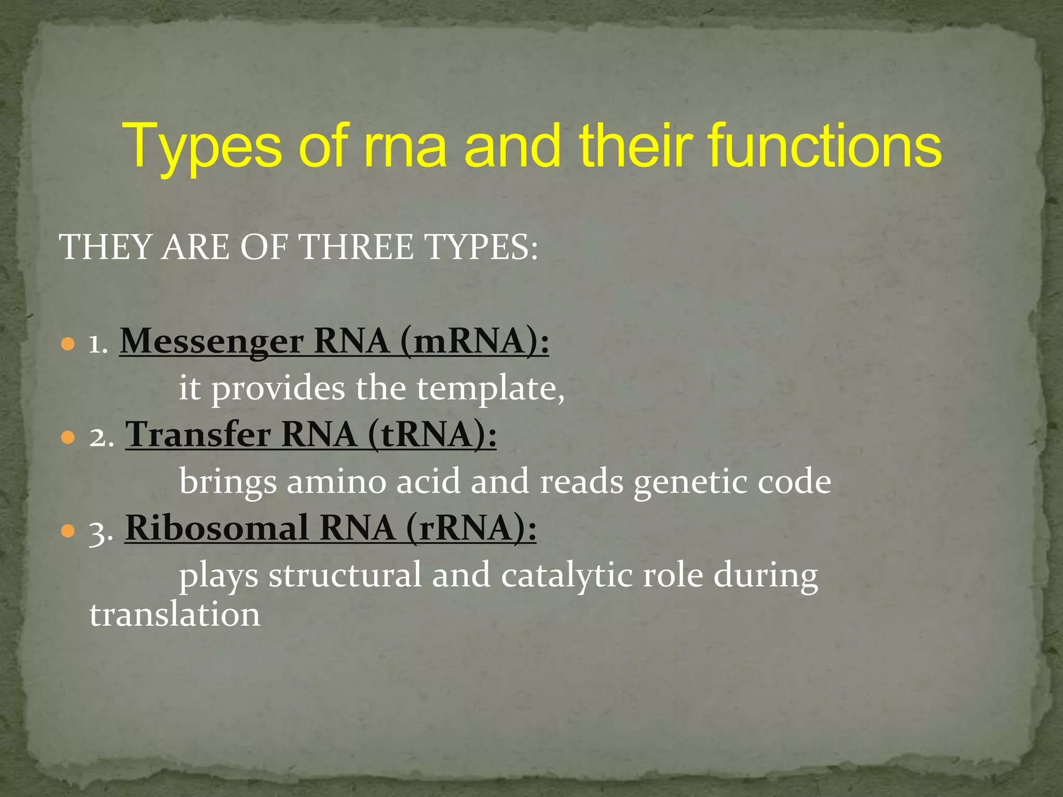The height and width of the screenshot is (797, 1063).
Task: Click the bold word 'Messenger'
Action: click(212, 342)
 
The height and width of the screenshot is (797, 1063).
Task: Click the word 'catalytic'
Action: click(567, 576)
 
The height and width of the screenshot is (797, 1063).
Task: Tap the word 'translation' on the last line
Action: click(175, 615)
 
